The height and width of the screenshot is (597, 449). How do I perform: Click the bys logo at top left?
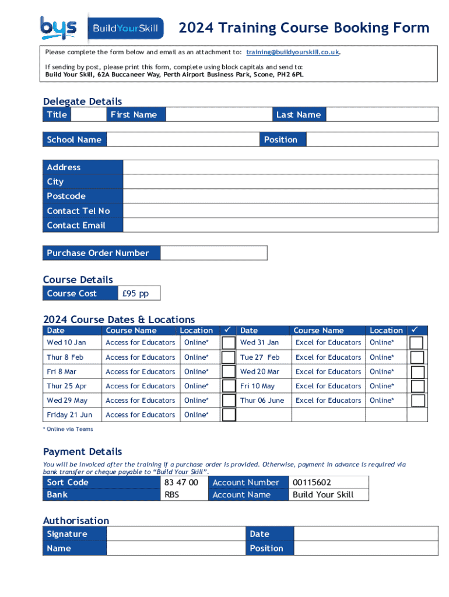(x=58, y=27)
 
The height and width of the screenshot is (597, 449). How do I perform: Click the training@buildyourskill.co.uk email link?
(x=292, y=52)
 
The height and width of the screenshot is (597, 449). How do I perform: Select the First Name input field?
(x=219, y=115)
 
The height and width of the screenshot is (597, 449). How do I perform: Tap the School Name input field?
(x=183, y=139)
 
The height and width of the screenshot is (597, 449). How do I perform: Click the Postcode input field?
(x=280, y=196)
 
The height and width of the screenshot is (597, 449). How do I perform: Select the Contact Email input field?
(x=280, y=226)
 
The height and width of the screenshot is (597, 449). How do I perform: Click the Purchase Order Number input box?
(x=213, y=253)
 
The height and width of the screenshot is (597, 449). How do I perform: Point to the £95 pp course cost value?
(x=135, y=293)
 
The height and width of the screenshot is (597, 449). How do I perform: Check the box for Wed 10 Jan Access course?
(x=229, y=343)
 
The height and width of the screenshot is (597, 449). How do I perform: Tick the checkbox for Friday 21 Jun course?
(x=229, y=415)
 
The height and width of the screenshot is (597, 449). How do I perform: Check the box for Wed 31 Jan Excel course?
(x=416, y=343)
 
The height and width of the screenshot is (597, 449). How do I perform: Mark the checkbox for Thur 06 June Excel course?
(x=416, y=401)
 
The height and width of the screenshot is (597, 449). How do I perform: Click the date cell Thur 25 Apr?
(x=66, y=386)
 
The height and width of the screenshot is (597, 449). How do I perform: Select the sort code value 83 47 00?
(x=181, y=483)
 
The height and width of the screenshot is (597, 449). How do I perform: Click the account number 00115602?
(x=312, y=483)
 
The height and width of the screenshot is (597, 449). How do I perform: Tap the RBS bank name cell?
(x=172, y=495)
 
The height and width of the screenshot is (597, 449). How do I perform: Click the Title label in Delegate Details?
(x=57, y=115)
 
